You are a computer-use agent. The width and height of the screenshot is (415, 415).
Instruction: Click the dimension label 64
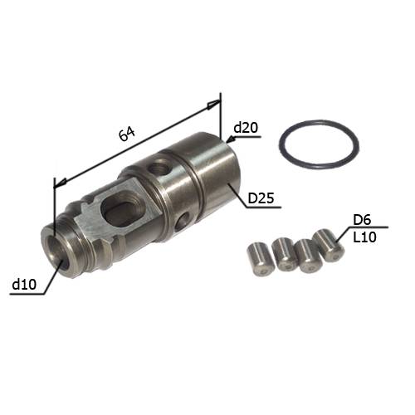click(x=127, y=134)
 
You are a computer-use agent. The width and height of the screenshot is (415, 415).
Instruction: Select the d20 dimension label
click(x=246, y=128)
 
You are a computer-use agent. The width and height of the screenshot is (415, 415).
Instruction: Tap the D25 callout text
click(x=261, y=198)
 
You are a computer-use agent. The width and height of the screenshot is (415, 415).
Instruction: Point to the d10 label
click(x=24, y=284)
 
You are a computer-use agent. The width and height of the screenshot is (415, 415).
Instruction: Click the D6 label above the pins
click(x=362, y=220)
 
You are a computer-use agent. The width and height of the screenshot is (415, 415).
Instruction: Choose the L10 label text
click(x=364, y=237)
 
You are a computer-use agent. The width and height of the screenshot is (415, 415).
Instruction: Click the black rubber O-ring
click(x=319, y=144)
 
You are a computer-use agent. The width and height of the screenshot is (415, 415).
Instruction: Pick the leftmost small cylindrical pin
click(x=260, y=259)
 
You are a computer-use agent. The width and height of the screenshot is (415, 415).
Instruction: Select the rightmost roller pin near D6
click(x=329, y=246)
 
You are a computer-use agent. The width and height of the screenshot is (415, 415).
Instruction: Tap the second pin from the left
click(x=285, y=255)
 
